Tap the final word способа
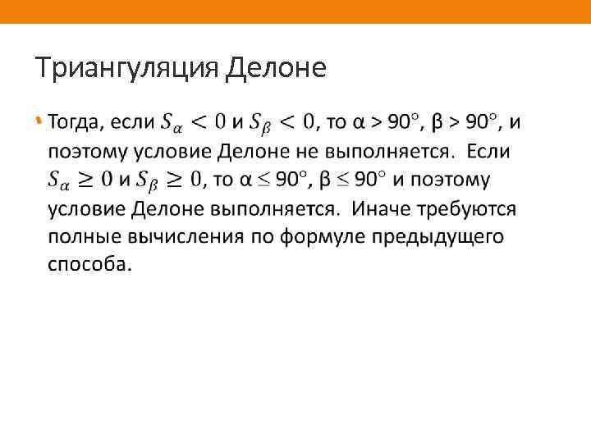[88, 265]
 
